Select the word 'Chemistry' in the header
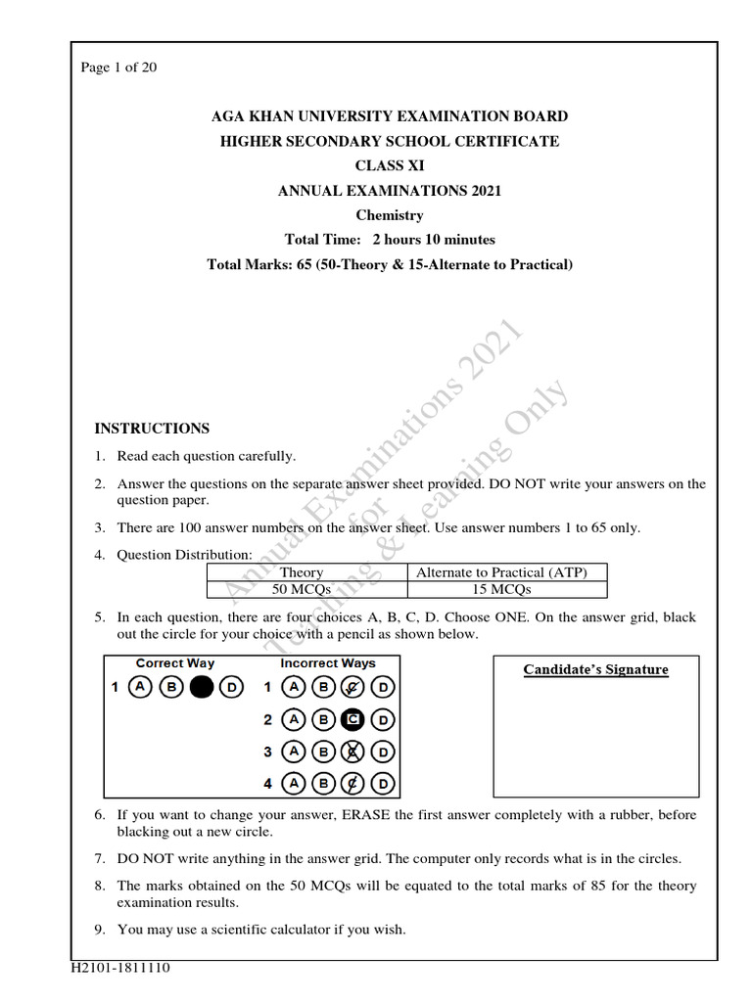pyautogui.click(x=390, y=215)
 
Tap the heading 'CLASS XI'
pyautogui.click(x=390, y=166)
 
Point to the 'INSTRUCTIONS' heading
pyautogui.click(x=152, y=429)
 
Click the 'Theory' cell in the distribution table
pyautogui.click(x=301, y=572)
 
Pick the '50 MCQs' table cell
pyautogui.click(x=301, y=589)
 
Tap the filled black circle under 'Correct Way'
pyautogui.click(x=201, y=688)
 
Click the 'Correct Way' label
pyautogui.click(x=174, y=663)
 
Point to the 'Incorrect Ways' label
pyautogui.click(x=327, y=663)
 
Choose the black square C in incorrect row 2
pyautogui.click(x=352, y=720)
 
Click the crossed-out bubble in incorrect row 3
pyautogui.click(x=352, y=751)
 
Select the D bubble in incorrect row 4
pyautogui.click(x=383, y=784)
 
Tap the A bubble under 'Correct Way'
pyautogui.click(x=141, y=688)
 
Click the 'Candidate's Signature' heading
pyautogui.click(x=595, y=670)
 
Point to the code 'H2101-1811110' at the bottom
pyautogui.click(x=120, y=969)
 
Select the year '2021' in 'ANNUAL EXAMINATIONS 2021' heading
pyautogui.click(x=481, y=191)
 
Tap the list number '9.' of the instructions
pyautogui.click(x=100, y=930)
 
